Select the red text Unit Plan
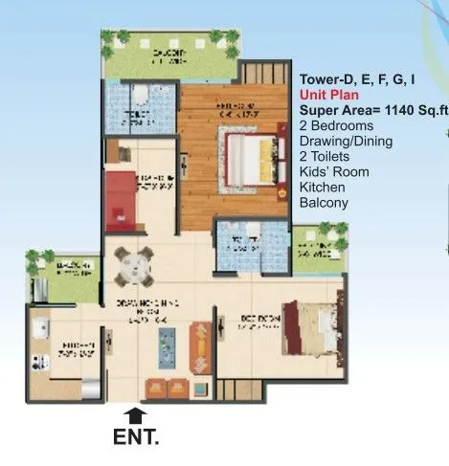[329, 96]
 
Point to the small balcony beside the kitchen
[64, 280]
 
